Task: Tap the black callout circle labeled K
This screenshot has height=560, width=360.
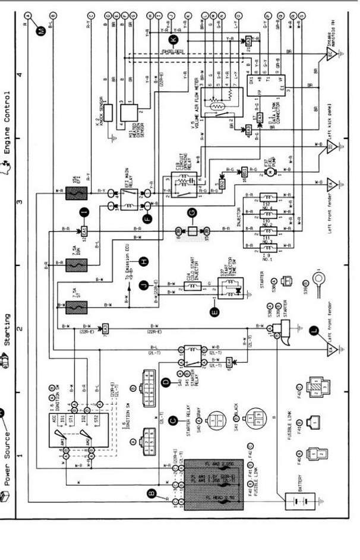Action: pyautogui.click(x=173, y=40)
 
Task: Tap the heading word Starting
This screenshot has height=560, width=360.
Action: pyautogui.click(x=8, y=333)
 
